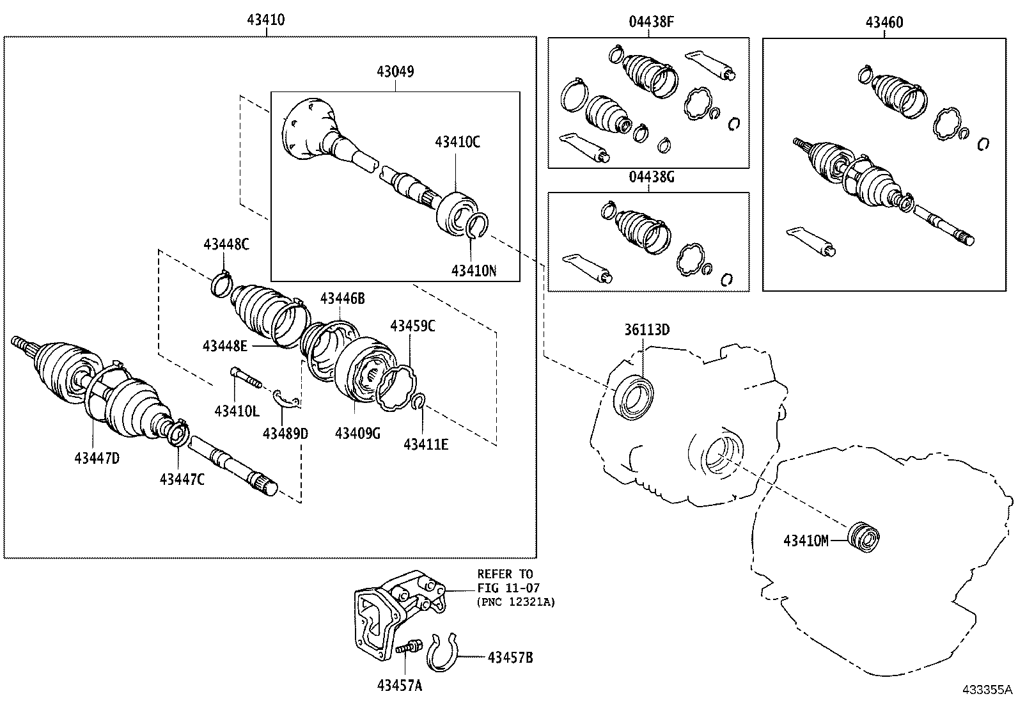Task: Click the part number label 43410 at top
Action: (265, 20)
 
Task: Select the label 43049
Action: (395, 72)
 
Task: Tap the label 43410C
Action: (457, 141)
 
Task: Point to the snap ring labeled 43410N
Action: (476, 228)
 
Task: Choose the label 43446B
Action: (342, 298)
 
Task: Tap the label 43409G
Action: (357, 434)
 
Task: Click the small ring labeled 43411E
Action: (419, 402)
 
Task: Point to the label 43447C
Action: (182, 478)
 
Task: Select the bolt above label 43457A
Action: (407, 647)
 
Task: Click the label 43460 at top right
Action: (884, 22)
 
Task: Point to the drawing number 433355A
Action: (987, 690)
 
